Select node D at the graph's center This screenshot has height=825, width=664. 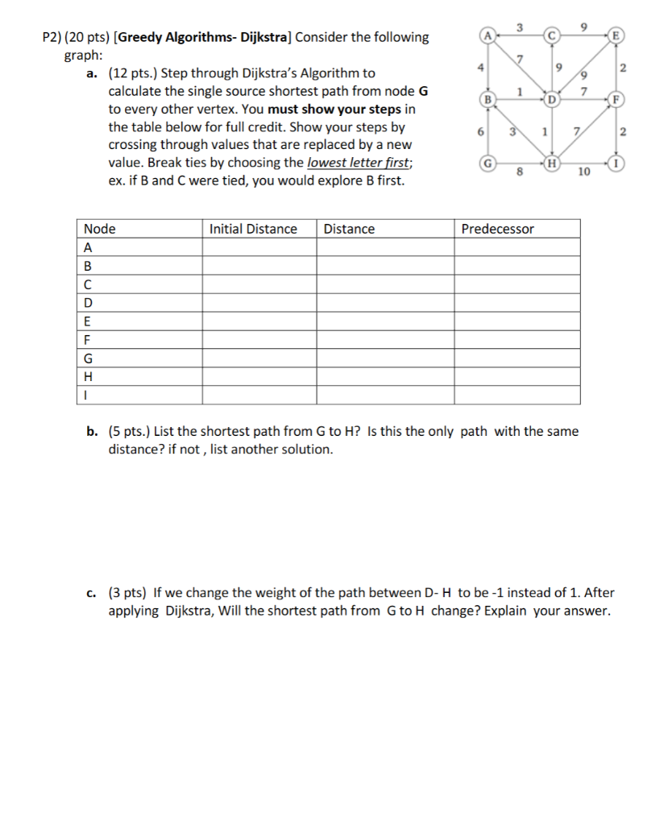coord(551,99)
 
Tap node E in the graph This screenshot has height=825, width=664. coord(617,35)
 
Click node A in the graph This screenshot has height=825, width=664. coord(487,35)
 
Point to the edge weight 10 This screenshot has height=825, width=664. coord(584,172)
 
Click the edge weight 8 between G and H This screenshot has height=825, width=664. coord(519,172)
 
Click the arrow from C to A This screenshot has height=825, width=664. coord(519,36)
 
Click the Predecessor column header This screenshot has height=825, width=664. coord(497,229)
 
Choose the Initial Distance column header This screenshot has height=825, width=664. coord(253,229)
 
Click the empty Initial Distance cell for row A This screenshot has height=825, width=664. coord(259,247)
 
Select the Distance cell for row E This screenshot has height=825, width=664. coord(384,321)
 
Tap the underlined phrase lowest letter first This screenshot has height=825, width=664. coord(359,163)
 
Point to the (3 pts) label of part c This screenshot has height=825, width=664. coord(128,593)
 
